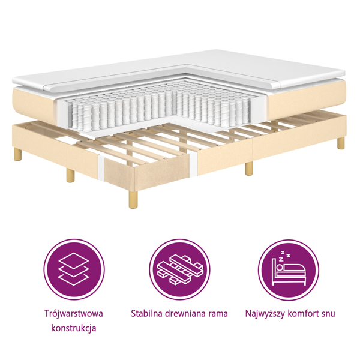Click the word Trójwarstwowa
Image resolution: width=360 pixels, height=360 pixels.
[73, 314]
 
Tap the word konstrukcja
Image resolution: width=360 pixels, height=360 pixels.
[73, 328]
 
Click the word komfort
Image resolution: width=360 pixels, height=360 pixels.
[303, 313]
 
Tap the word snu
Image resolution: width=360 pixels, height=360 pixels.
[328, 314]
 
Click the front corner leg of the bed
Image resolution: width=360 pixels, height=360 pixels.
[133, 199]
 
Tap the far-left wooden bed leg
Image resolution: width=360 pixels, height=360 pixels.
[17, 154]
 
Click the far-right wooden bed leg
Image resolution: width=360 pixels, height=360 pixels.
[341, 143]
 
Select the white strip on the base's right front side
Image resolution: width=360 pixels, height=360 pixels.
[193, 164]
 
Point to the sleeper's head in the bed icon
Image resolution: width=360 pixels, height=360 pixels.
[280, 268]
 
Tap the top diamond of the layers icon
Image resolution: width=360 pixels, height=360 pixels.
[74, 260]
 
